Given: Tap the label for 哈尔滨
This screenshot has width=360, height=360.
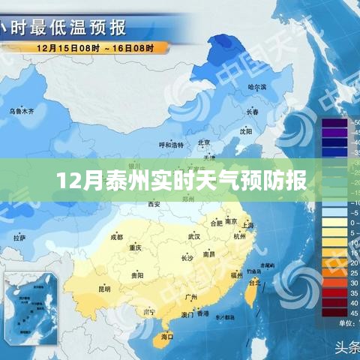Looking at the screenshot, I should coord(258,87).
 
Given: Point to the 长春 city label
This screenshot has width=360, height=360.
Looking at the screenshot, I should coord(252,112).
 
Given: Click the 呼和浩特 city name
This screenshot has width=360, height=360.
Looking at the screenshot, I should coord(170,145).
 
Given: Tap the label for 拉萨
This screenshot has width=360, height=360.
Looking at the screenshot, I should coord(19,238).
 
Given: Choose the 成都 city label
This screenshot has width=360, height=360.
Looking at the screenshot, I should coord(116,236).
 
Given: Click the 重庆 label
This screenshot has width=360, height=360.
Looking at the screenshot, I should coord(136,247).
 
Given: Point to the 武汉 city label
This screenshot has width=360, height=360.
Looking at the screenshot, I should coord(194,236).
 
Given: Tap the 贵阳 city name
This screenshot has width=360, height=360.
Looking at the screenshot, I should coord(137,275).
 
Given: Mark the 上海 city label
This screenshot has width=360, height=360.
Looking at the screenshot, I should coord(248,225).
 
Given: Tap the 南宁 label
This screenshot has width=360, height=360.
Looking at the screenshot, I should coord(149,311).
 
